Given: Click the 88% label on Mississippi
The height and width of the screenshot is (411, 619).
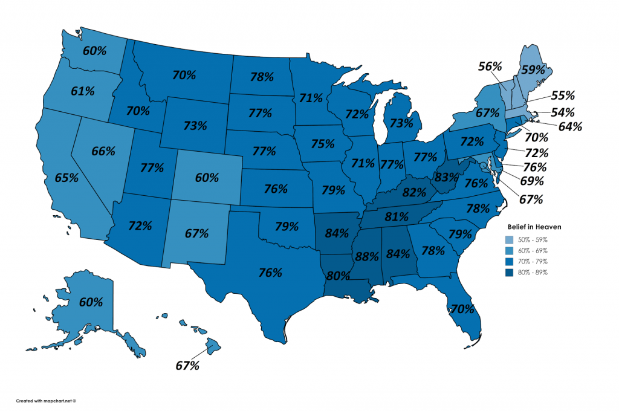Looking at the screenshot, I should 367,256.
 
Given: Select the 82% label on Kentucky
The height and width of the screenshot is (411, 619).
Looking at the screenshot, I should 414,193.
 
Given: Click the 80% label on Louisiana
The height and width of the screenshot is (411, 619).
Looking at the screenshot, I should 337,276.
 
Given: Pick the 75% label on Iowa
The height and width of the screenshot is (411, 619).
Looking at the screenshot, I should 322,144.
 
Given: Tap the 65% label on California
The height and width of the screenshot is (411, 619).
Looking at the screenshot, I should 66,178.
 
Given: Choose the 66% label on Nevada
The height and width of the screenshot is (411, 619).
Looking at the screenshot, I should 103,151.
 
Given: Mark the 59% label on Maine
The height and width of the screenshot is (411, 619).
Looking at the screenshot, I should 533,69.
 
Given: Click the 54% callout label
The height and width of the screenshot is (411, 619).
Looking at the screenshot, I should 562,112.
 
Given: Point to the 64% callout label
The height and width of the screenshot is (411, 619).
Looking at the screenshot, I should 570,126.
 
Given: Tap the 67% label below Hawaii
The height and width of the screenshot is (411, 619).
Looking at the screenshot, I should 188,366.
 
